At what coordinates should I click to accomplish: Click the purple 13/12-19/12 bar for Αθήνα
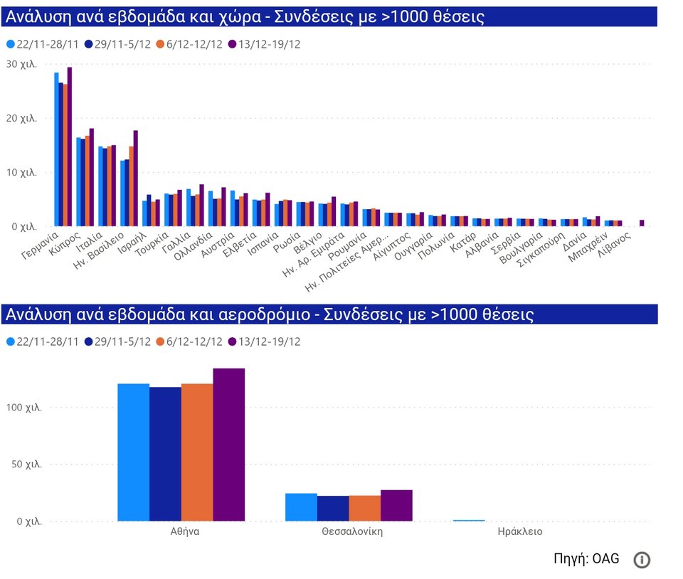228,445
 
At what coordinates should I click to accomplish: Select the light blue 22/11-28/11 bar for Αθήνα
133,452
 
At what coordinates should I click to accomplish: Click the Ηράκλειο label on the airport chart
519,531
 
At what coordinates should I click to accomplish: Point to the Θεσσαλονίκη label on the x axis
351,531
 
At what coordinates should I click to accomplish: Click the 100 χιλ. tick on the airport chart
24,408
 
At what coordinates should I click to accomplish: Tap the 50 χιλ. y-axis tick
27,464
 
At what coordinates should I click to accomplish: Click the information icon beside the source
642,560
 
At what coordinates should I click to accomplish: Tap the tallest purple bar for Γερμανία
70,147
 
